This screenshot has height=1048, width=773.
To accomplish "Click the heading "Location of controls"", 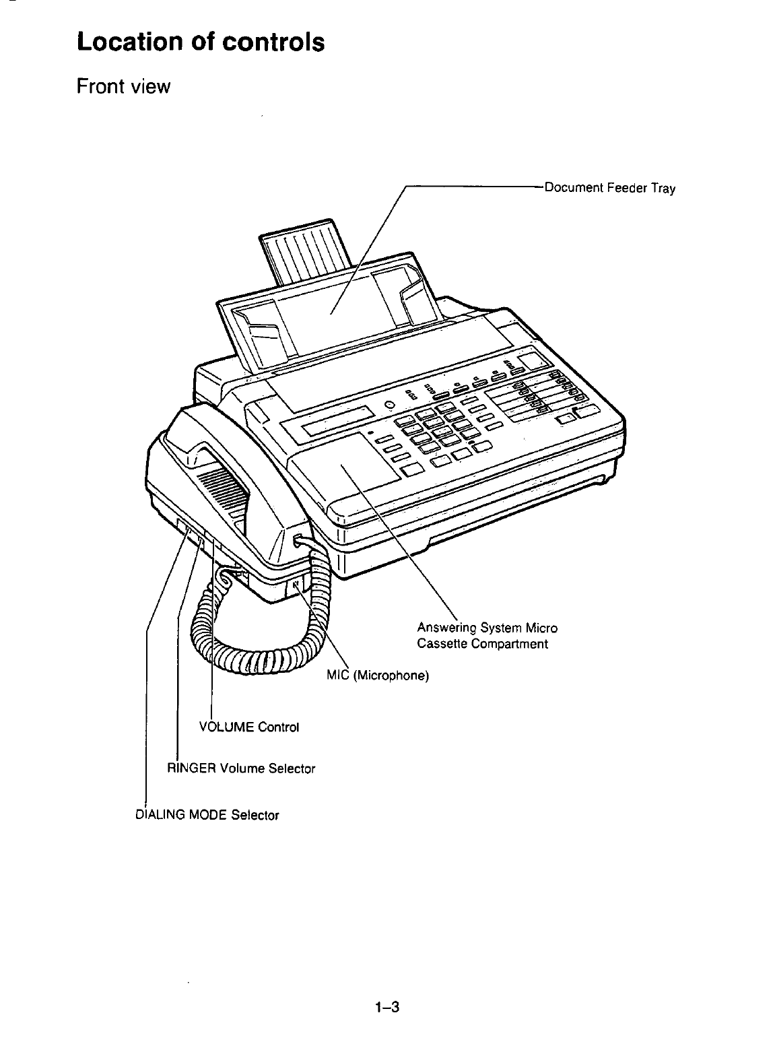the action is coord(201,42).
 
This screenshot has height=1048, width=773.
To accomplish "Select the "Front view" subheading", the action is coord(124,87).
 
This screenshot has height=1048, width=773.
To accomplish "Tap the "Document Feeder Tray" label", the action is coord(609,188).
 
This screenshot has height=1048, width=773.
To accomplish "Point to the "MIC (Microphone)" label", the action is coord(378,675).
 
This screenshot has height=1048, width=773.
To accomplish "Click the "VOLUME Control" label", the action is coord(249,727).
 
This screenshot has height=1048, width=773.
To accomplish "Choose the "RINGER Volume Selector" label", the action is coord(241,768).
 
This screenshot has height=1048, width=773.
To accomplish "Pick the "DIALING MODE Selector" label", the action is coord(207,815).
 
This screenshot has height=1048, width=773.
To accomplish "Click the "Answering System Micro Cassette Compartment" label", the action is coord(487,636).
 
